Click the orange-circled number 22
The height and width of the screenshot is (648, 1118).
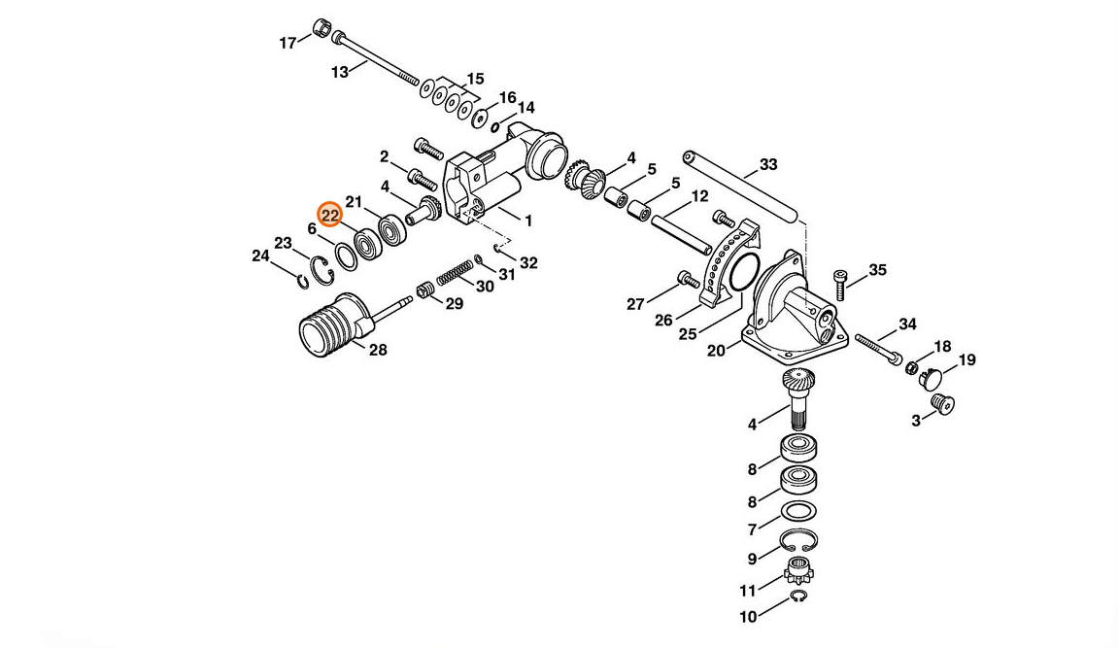point(329,215)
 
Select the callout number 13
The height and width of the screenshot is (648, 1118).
point(339,72)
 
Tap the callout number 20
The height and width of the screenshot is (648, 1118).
point(716,351)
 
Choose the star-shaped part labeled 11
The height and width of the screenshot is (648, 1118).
point(797,570)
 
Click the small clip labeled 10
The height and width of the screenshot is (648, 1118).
point(798,597)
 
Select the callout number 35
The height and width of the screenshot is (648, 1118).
point(877,269)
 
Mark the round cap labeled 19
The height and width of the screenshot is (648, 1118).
point(935,376)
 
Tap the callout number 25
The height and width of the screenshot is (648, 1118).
point(688,333)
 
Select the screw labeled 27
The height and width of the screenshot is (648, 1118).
point(689,280)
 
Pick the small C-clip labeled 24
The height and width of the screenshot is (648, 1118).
point(303,281)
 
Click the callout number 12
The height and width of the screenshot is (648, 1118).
point(699,197)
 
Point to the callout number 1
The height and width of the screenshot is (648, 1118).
point(528,221)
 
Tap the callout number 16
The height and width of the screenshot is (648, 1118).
point(507,98)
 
